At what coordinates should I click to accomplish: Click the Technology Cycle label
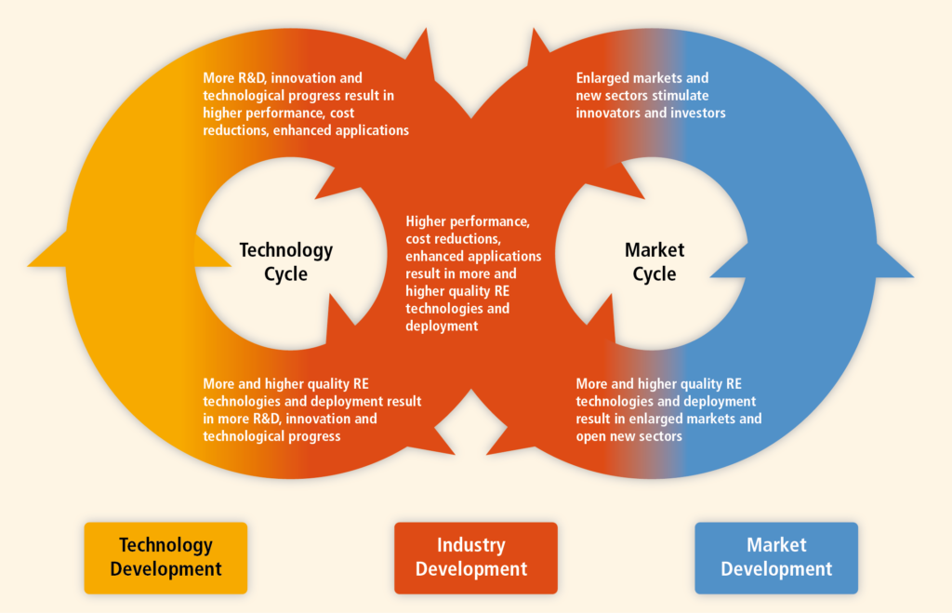point(286,261)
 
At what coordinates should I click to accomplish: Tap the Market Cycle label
point(654,261)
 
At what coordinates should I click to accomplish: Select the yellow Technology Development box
point(165,558)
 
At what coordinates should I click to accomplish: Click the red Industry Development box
point(476,558)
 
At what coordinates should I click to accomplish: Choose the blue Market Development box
point(776,558)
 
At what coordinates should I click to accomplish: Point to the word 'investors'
point(698,113)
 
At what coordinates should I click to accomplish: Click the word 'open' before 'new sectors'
point(588,437)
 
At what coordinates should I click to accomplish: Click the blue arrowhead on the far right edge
point(894,261)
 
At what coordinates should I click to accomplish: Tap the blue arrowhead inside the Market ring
point(729,260)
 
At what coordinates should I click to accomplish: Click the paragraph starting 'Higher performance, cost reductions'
point(473,273)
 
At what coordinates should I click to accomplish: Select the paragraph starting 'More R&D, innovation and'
point(306,104)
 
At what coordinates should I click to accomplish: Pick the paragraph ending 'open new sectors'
point(668,410)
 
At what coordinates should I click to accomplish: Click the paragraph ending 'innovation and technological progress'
point(312,410)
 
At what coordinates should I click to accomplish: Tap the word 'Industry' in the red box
point(471,546)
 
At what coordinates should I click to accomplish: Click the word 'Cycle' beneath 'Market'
point(654,274)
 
